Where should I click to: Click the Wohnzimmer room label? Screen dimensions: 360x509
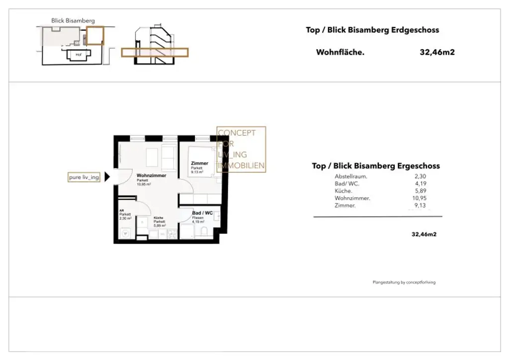[151, 176]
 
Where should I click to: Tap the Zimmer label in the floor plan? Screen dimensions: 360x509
[199, 164]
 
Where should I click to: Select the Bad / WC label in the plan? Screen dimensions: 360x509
[202, 213]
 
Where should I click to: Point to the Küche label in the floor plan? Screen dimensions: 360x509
[159, 218]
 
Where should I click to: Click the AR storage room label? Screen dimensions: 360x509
[121, 211]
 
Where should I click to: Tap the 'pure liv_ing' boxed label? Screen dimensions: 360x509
[84, 178]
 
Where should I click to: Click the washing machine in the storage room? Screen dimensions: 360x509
[125, 232]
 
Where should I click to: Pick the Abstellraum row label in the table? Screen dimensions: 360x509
[351, 177]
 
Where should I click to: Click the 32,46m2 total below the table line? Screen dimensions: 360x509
[424, 234]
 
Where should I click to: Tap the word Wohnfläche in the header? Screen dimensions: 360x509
[340, 52]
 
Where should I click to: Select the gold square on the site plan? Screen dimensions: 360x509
[95, 36]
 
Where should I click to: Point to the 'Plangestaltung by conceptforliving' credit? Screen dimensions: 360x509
[404, 282]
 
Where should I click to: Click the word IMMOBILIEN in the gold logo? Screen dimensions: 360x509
[241, 166]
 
